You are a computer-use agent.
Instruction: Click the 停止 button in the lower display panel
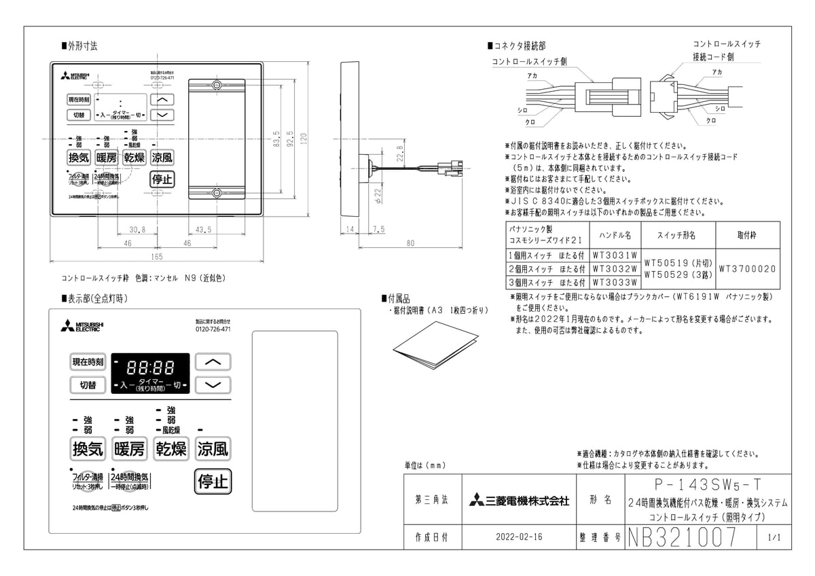point(212,482)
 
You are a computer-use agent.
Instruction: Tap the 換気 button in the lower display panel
point(87,449)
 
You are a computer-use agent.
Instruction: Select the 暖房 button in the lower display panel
point(129,449)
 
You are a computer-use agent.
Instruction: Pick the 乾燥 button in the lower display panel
point(170,449)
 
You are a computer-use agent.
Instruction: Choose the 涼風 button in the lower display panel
point(213,449)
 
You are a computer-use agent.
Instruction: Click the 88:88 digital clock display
point(150,367)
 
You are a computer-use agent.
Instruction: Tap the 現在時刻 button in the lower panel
point(88,362)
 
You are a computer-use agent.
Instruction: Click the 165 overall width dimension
point(156,257)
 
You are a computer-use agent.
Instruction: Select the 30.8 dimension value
point(137,230)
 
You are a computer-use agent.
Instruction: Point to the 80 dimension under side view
point(410,242)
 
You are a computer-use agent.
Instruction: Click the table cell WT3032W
point(615,269)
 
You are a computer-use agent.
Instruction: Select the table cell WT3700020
point(746,269)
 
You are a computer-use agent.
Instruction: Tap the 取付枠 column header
point(746,235)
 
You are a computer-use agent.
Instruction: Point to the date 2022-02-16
point(519,537)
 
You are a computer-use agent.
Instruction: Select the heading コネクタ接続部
point(520,46)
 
